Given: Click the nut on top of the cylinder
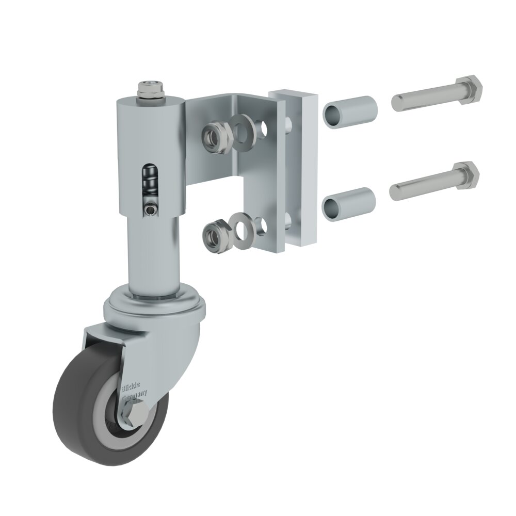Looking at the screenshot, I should pyautogui.click(x=150, y=90).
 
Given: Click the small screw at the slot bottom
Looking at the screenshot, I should pyautogui.click(x=150, y=209).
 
